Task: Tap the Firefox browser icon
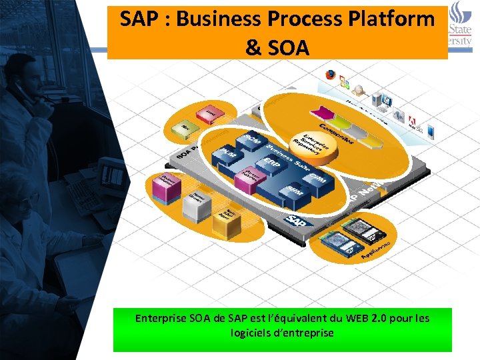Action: pyautogui.click(x=329, y=75)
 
